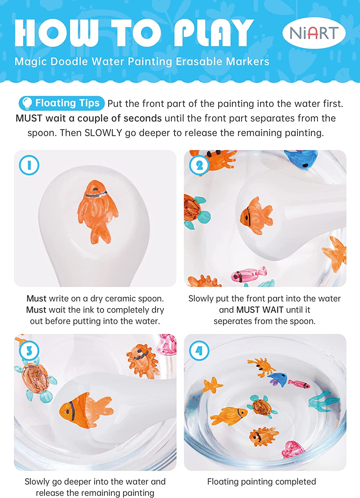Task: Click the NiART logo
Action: (314, 33)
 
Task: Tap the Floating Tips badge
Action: (62, 103)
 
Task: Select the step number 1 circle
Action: (29, 165)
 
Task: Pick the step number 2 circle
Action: (199, 165)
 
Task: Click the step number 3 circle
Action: (29, 351)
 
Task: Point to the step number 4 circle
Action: (199, 351)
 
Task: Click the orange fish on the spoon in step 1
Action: (98, 212)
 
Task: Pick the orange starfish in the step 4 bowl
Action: (212, 385)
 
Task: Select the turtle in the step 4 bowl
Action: (262, 406)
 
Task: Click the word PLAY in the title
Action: (214, 33)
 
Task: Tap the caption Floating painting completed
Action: (261, 481)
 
